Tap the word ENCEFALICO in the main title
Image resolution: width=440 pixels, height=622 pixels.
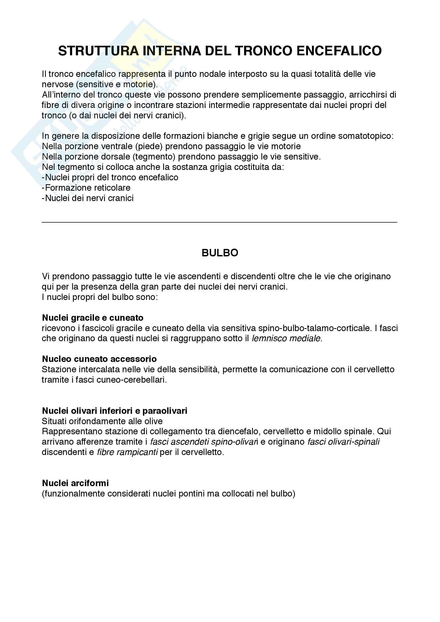tap(339, 51)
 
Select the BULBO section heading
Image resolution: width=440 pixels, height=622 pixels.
tap(220, 253)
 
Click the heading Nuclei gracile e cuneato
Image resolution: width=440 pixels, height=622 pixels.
tap(93, 318)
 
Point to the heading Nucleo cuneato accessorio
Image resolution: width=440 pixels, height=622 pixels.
tap(99, 359)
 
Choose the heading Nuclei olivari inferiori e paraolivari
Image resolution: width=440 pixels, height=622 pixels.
tap(114, 411)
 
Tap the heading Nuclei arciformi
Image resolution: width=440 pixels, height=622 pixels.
tap(75, 483)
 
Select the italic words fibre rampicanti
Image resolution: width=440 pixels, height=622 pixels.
tap(127, 452)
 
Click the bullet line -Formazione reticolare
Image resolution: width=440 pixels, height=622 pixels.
tap(86, 188)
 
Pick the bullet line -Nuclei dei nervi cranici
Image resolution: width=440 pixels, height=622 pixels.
tap(88, 198)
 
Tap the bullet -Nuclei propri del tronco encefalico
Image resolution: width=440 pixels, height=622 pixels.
tap(110, 177)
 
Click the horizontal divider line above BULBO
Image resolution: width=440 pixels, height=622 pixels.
tap(219, 222)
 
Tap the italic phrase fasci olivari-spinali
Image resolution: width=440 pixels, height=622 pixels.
tap(343, 442)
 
